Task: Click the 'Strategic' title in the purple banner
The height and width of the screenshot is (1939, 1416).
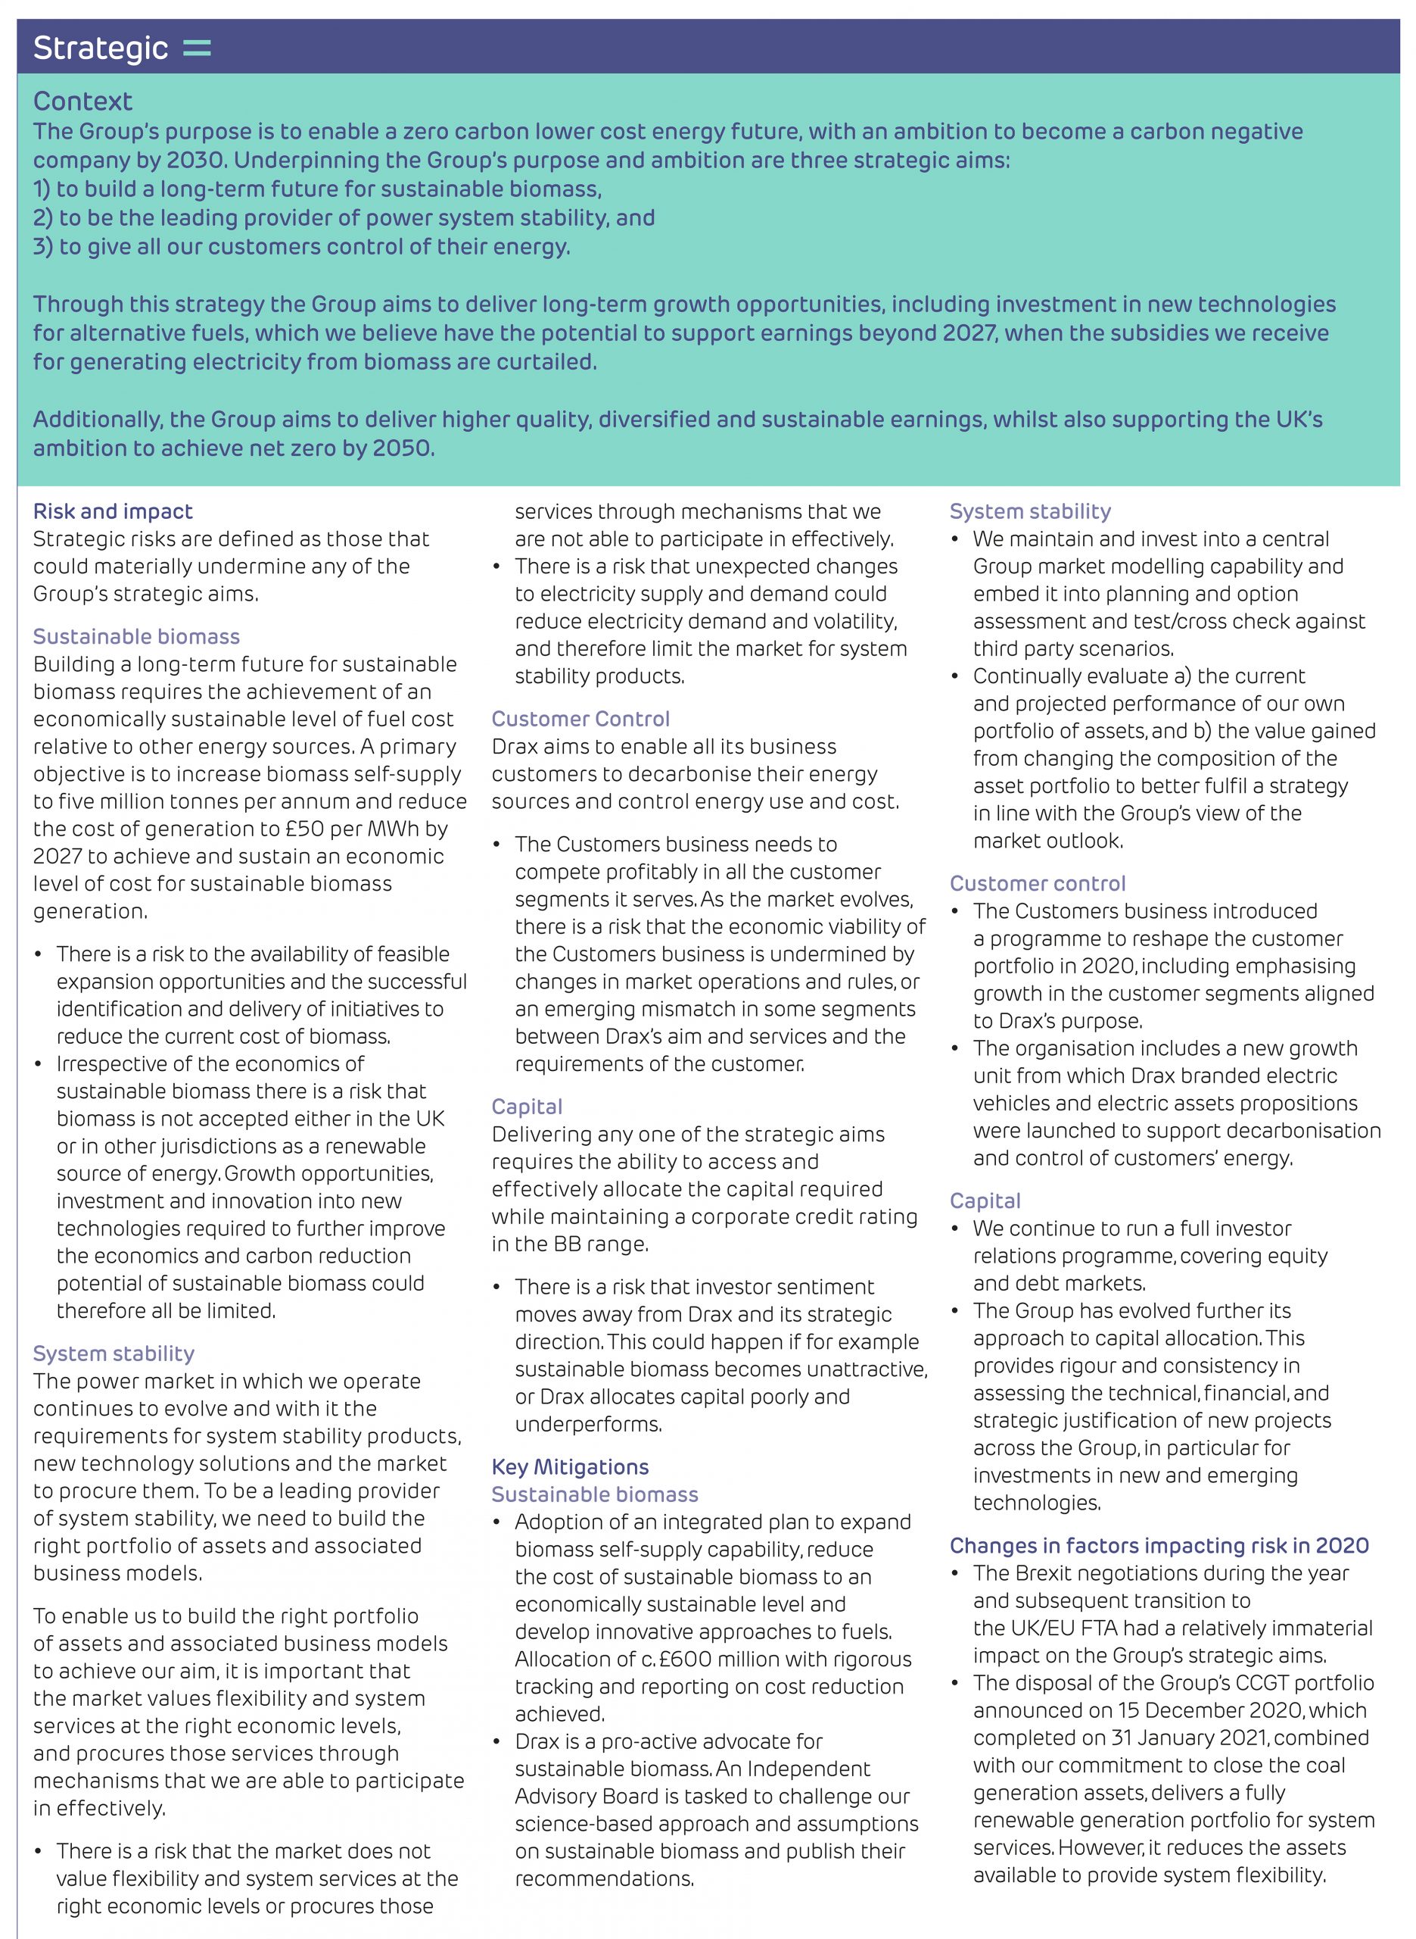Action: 101,48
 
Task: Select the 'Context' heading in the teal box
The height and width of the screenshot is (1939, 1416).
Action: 82,101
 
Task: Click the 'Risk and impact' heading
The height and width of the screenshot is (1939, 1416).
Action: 112,511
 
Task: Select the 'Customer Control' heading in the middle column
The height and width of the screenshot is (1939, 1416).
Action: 580,719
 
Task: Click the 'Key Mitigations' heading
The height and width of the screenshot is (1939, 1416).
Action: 570,1466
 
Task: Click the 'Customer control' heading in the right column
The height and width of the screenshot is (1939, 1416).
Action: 1037,883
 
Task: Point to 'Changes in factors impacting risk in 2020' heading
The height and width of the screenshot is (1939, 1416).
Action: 1159,1545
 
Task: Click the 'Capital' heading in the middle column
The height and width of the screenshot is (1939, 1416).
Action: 526,1107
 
